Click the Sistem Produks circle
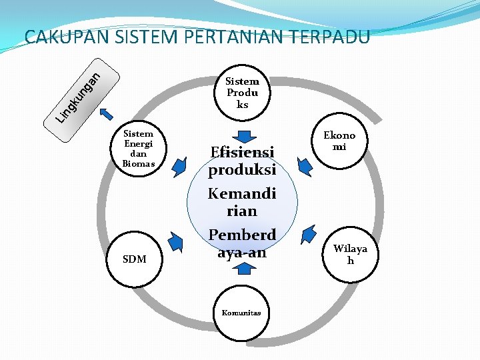point(242,93)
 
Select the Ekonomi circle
point(339,141)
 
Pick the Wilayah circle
point(350,254)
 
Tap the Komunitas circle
point(241,312)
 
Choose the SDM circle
point(135,259)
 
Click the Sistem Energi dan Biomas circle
point(139,149)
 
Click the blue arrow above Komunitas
point(245,269)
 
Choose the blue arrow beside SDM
point(177,241)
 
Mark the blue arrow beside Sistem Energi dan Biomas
point(179,166)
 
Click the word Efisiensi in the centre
point(241,152)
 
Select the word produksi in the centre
point(241,170)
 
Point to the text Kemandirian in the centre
point(241,202)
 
